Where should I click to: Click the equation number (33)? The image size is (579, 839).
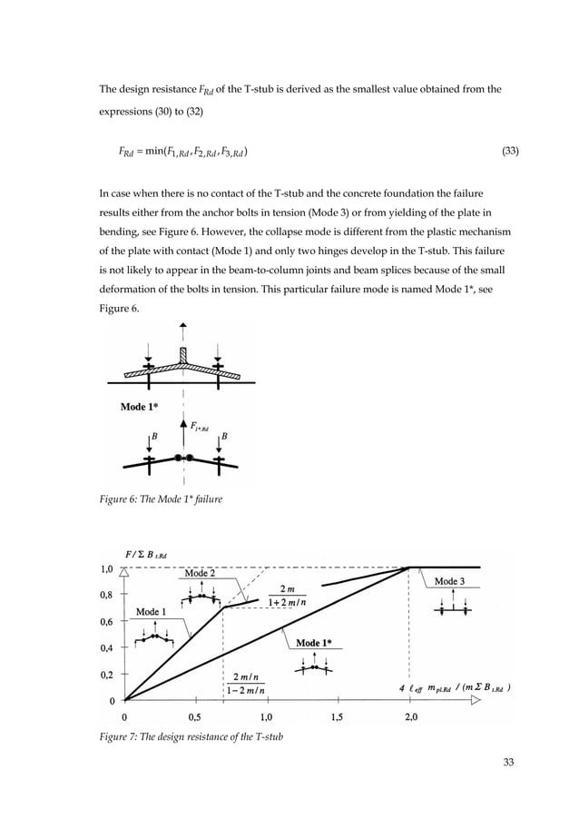pyautogui.click(x=510, y=153)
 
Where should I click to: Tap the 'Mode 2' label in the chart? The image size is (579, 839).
pyautogui.click(x=200, y=574)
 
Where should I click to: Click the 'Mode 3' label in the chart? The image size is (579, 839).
pyautogui.click(x=451, y=581)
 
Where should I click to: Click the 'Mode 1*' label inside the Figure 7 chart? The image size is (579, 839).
pyautogui.click(x=314, y=644)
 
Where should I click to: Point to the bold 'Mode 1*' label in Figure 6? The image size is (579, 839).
pyautogui.click(x=140, y=407)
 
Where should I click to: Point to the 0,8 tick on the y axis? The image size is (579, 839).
pyautogui.click(x=107, y=595)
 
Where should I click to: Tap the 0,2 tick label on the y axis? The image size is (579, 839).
pyautogui.click(x=107, y=675)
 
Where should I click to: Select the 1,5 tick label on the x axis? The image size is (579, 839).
pyautogui.click(x=338, y=716)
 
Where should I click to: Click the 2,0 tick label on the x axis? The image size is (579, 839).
pyautogui.click(x=410, y=716)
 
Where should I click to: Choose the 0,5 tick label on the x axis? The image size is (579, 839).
pyautogui.click(x=195, y=716)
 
